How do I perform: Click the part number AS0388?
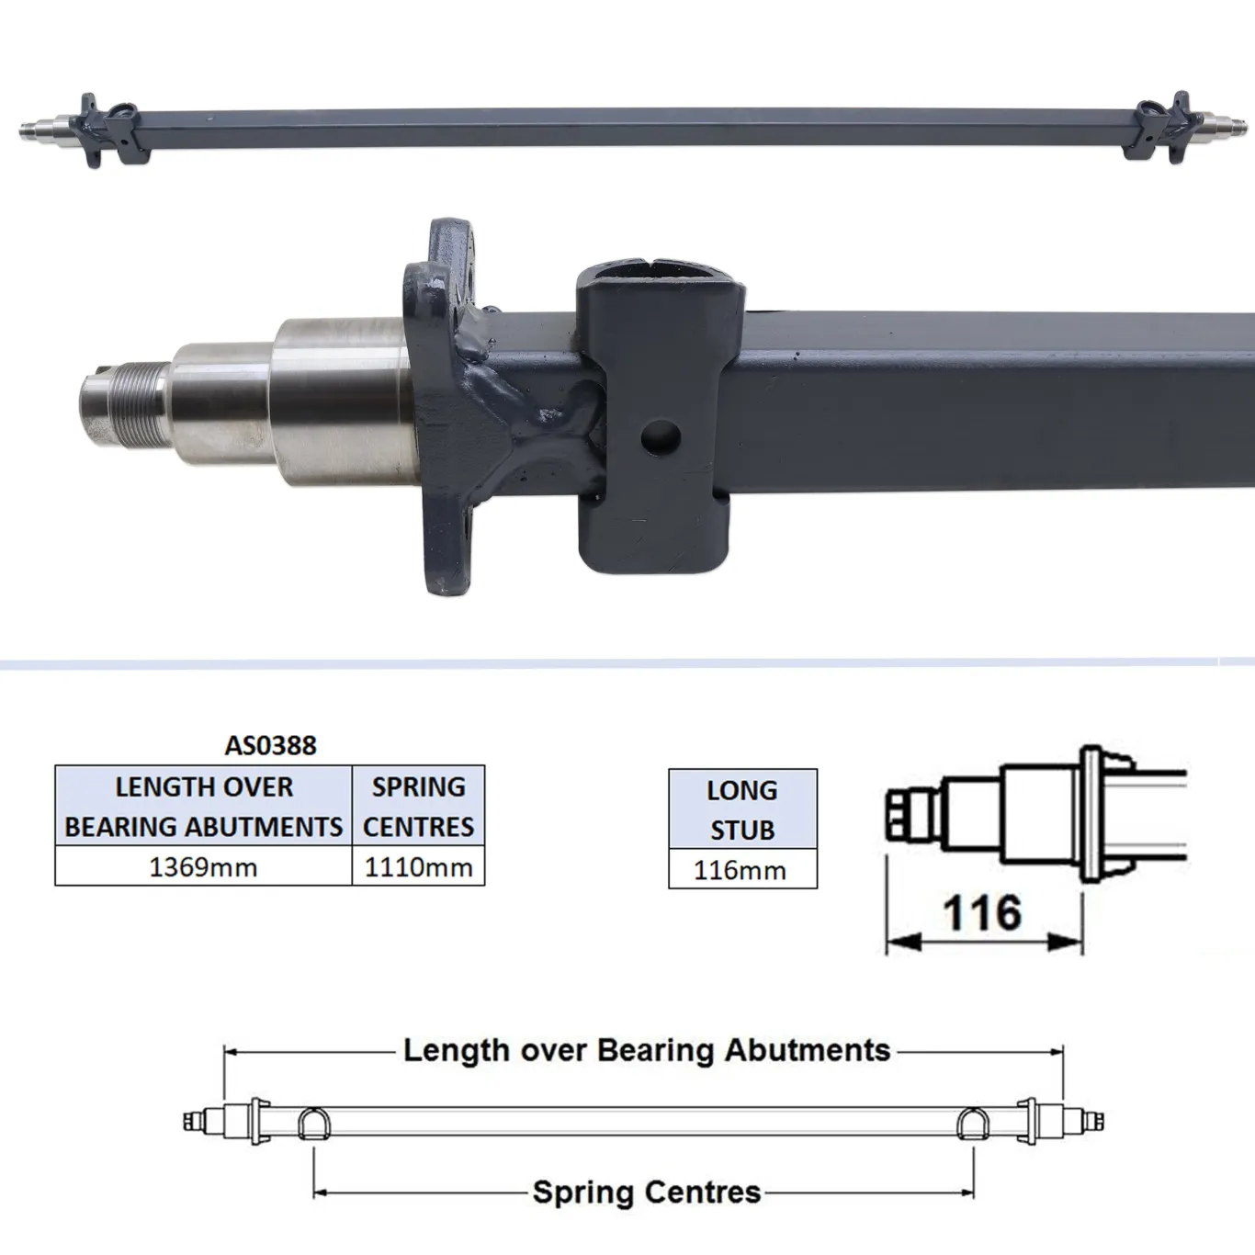[x=270, y=745]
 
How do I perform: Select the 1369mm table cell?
[x=203, y=867]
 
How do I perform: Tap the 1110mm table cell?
[x=418, y=867]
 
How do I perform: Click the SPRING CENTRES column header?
[x=418, y=806]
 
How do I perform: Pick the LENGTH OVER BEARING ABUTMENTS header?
[x=203, y=806]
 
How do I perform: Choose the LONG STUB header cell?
[x=742, y=809]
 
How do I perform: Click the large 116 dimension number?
[x=982, y=913]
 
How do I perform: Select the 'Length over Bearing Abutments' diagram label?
[x=647, y=1050]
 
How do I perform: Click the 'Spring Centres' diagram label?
[x=647, y=1193]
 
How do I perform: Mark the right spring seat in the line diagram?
[x=972, y=1123]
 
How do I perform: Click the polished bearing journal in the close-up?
[x=340, y=400]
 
